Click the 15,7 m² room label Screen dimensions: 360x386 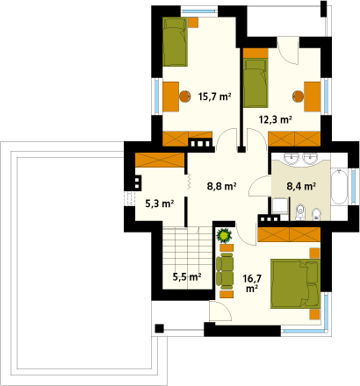pyautogui.click(x=215, y=96)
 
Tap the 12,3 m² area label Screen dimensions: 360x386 pyautogui.click(x=276, y=119)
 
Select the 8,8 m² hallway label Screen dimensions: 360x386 pyautogui.click(x=221, y=186)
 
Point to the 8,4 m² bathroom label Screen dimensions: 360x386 pyautogui.click(x=301, y=186)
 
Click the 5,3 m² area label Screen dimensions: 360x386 pyautogui.click(x=160, y=204)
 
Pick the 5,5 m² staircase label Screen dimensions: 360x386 pyautogui.click(x=187, y=276)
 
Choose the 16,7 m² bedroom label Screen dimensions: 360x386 pyautogui.click(x=252, y=283)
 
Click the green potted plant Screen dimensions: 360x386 pyautogui.click(x=224, y=235)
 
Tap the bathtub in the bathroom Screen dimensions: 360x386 pyautogui.click(x=339, y=186)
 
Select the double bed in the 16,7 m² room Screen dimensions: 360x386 pyautogui.click(x=295, y=283)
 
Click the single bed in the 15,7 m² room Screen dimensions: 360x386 pyautogui.click(x=175, y=41)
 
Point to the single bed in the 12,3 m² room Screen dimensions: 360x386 pyautogui.click(x=256, y=82)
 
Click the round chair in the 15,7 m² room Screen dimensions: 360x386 pyautogui.click(x=184, y=96)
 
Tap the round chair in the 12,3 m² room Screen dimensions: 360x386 pyautogui.click(x=298, y=96)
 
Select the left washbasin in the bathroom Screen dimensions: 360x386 pyautogui.click(x=292, y=159)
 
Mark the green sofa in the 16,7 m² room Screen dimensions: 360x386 pyautogui.click(x=225, y=269)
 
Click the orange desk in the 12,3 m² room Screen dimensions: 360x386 pyautogui.click(x=313, y=96)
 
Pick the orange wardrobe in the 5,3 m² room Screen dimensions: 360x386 pyautogui.click(x=160, y=160)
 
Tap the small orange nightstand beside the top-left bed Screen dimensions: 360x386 pyautogui.click(x=193, y=22)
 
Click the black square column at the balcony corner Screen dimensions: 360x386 pyautogui.click(x=159, y=328)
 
